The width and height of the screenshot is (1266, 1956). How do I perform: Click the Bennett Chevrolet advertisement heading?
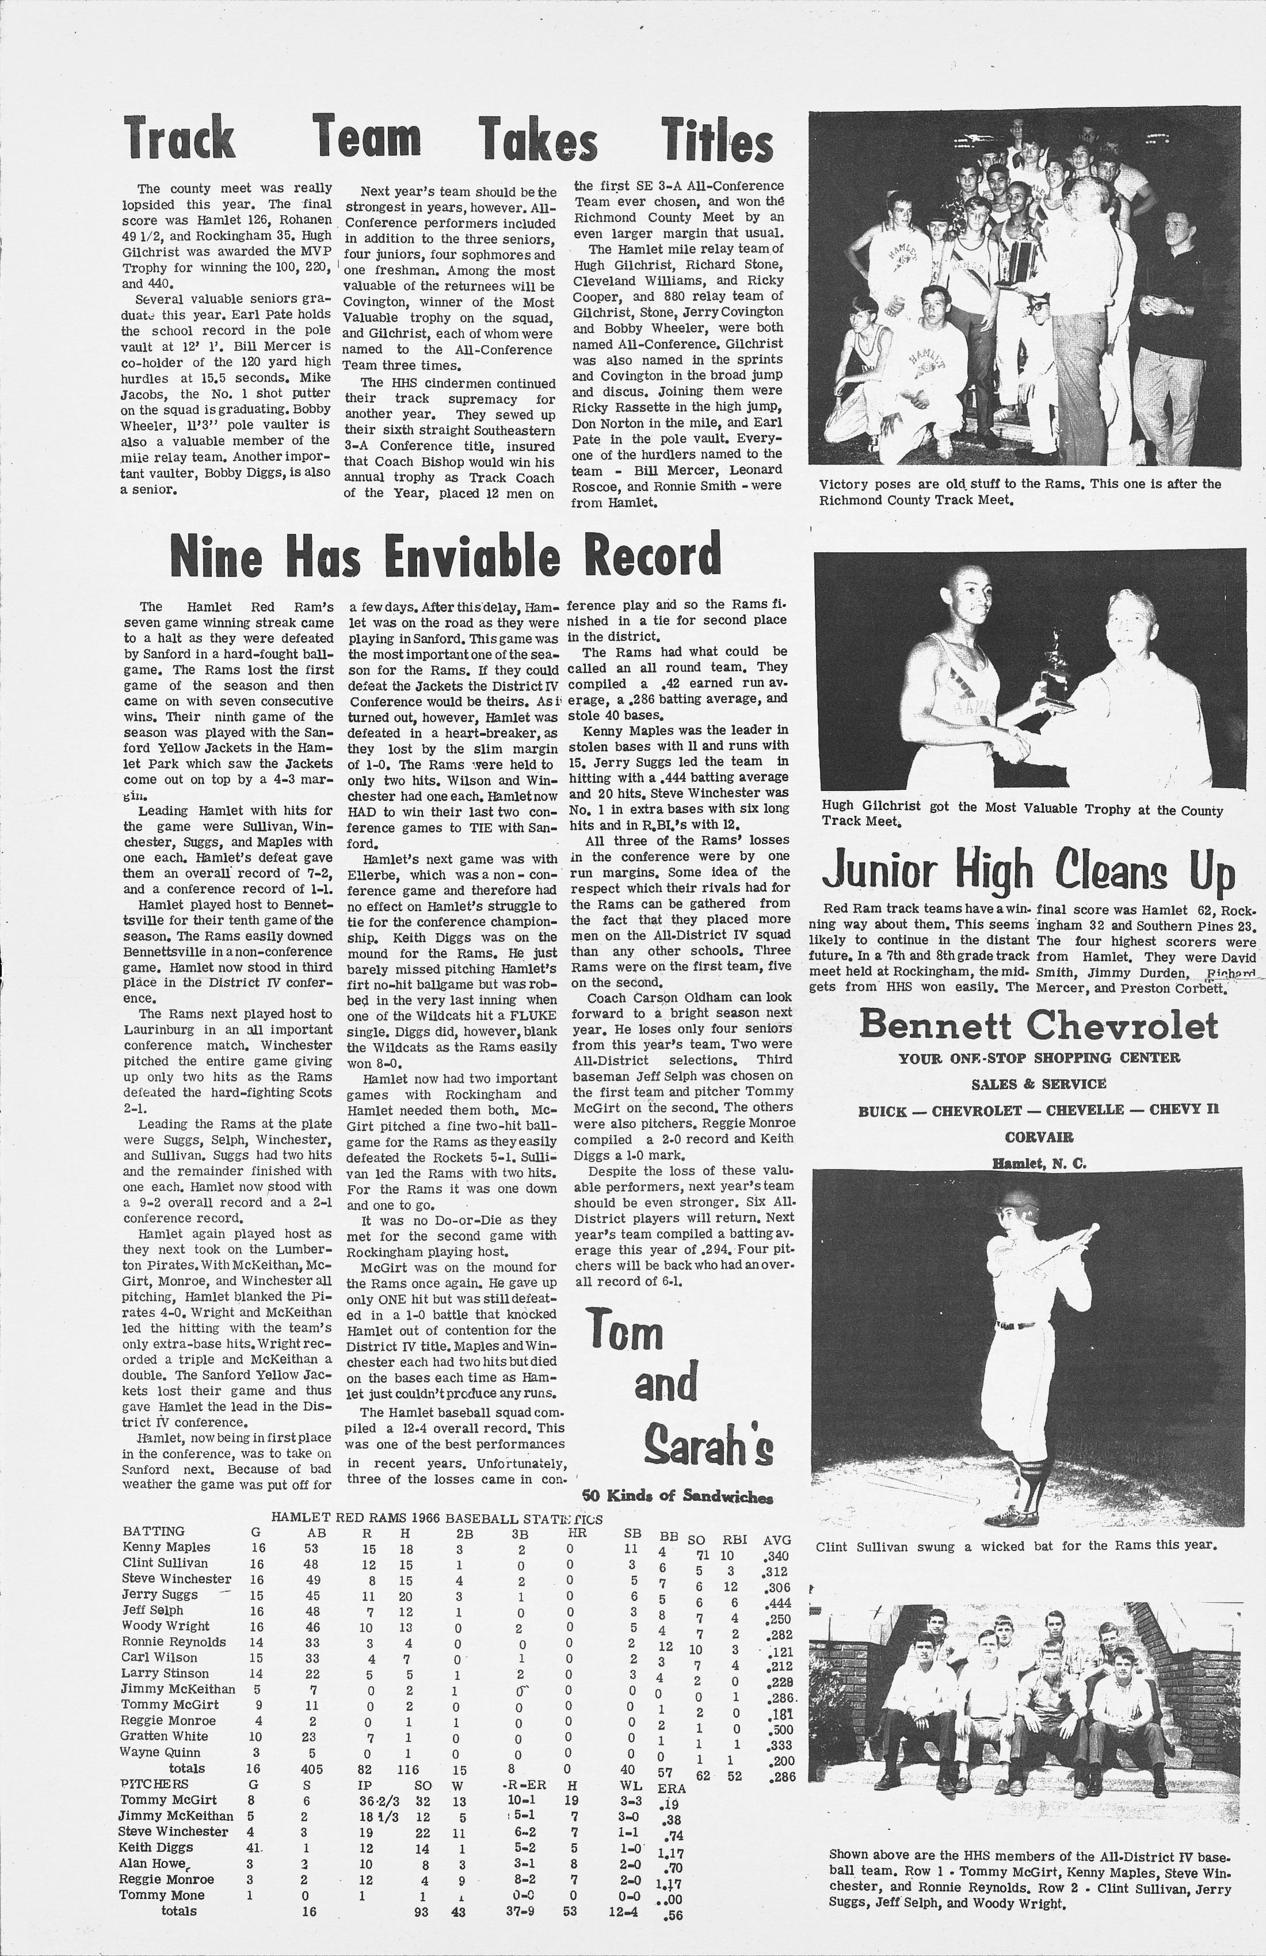click(x=1038, y=1026)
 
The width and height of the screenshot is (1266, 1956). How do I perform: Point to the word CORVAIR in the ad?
click(x=1038, y=1137)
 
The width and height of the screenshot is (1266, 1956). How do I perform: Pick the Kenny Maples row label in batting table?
click(x=166, y=1547)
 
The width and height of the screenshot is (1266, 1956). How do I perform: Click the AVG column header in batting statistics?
click(x=777, y=1539)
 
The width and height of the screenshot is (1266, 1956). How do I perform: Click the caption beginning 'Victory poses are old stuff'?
click(x=1019, y=491)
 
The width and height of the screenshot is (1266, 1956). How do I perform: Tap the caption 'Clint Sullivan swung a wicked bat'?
click(x=1015, y=1546)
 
